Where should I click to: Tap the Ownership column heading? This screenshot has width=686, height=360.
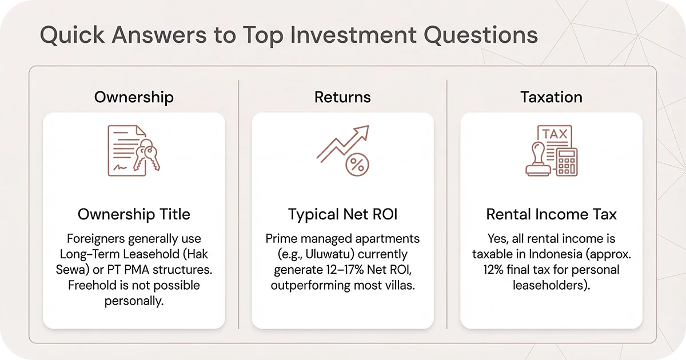(x=134, y=97)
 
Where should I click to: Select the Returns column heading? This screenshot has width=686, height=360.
(x=342, y=97)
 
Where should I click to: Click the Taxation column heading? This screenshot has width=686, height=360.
(x=551, y=97)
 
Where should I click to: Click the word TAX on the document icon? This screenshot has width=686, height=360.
(x=554, y=135)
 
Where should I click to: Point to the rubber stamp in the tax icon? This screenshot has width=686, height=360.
(x=538, y=162)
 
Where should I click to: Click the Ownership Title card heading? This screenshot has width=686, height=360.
(x=134, y=214)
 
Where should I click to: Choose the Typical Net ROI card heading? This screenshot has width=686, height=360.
(x=342, y=214)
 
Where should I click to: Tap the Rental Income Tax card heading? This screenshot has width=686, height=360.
(x=551, y=214)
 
